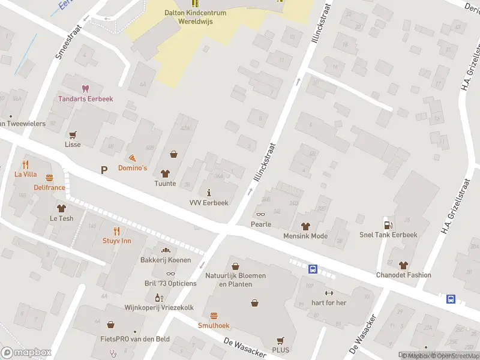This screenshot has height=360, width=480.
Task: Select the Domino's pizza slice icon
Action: [132, 157]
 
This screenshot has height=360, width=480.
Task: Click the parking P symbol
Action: [104, 170]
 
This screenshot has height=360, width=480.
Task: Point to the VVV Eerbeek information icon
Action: [209, 192]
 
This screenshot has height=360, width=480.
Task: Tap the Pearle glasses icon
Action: [260, 214]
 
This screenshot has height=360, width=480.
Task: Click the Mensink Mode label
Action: [305, 236]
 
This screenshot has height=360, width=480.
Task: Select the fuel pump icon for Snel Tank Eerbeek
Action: [388, 224]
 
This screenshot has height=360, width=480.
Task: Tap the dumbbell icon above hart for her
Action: [329, 292]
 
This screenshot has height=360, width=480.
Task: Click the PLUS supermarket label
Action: [280, 350]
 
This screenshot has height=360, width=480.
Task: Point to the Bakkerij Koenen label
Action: [166, 260]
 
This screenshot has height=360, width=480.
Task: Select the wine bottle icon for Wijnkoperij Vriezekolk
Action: [158, 297]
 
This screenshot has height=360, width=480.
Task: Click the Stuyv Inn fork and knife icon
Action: [117, 230]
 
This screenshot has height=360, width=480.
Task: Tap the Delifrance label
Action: [49, 187]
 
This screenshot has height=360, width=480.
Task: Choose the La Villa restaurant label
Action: [26, 174]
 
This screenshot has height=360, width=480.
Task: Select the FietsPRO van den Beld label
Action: [135, 339]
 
